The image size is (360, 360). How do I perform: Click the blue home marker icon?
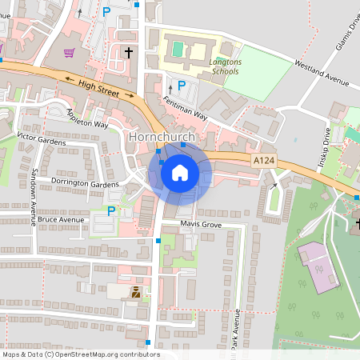pyautogui.click(x=180, y=172)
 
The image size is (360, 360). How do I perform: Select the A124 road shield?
pyautogui.click(x=264, y=161)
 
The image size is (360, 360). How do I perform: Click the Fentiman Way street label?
pyautogui.click(x=185, y=108)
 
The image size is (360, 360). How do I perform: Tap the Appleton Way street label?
pyautogui.click(x=87, y=118)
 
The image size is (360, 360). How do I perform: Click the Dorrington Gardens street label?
pyautogui.click(x=84, y=184)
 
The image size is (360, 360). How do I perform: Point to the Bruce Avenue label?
pyautogui.click(x=61, y=219)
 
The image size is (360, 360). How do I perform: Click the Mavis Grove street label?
pyautogui.click(x=199, y=223)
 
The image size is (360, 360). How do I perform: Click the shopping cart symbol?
pyautogui.click(x=70, y=53)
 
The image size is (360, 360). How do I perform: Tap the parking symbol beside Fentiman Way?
pyautogui.click(x=182, y=85)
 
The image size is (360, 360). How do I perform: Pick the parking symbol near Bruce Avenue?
pyautogui.click(x=110, y=211)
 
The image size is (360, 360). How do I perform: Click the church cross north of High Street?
pyautogui.click(x=128, y=53)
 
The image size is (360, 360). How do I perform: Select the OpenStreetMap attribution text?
pyautogui.click(x=81, y=354)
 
